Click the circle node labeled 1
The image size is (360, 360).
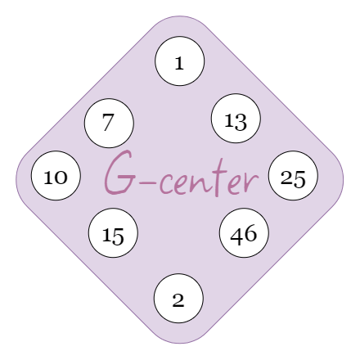[x=180, y=61]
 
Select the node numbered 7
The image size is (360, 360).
[x=109, y=124]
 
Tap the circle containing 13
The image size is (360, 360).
[x=236, y=119]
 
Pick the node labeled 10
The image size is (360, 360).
[x=56, y=176]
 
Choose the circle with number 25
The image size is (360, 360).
[x=293, y=176]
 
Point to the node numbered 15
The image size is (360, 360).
[x=113, y=233]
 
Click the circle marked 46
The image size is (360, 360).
[x=245, y=233]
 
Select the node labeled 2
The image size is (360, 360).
[x=178, y=299]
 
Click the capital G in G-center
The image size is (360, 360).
[x=119, y=173]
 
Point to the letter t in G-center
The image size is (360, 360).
[x=218, y=178]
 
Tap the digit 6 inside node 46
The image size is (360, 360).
[x=250, y=233]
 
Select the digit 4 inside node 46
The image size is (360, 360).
[x=237, y=235]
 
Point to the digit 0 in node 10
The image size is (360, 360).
[x=61, y=178]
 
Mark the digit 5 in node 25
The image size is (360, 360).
[x=299, y=179]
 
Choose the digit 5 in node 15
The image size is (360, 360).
[x=118, y=236]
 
